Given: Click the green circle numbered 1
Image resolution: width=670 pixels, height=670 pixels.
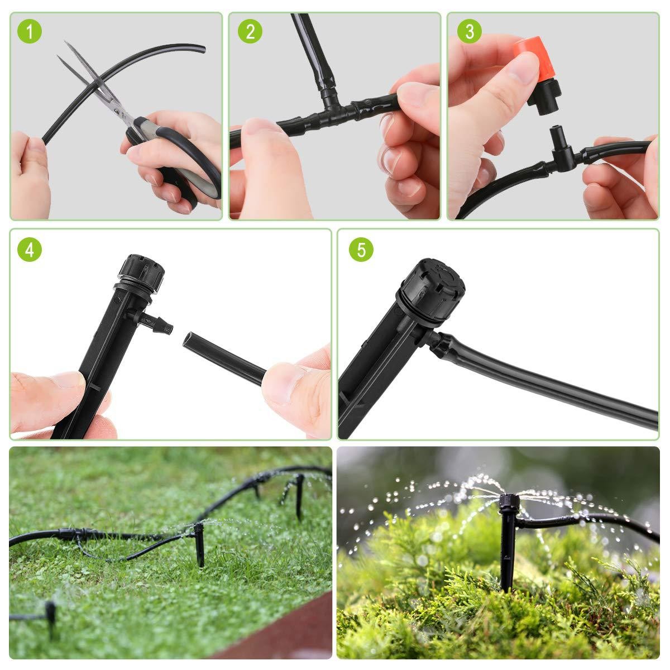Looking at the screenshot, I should pos(30,31).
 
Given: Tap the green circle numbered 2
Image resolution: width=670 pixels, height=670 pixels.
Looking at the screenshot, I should pos(250,31).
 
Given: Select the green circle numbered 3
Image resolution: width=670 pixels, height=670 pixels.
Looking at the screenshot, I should pos(468,31).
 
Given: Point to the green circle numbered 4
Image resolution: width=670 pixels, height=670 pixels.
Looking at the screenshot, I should pos(30,250).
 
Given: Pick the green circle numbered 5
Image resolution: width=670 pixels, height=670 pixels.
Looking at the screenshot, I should pos(361,250).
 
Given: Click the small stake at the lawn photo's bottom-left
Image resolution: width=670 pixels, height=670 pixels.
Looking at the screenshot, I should pos(50,614).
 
